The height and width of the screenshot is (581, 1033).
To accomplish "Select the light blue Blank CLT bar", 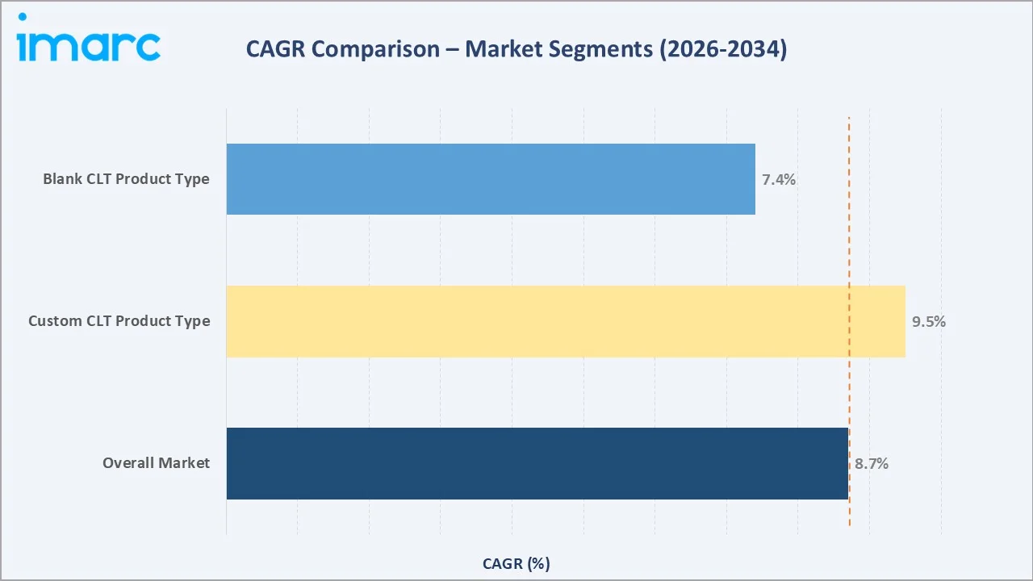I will point(491,179).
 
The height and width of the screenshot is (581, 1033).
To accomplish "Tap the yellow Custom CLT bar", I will point(565,321).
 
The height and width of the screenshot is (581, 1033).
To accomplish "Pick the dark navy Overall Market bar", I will point(537,463).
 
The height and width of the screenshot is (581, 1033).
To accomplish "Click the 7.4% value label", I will point(779,180).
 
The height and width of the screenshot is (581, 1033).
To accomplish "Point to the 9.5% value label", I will point(929,322).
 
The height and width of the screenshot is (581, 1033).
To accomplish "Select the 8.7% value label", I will point(872,464).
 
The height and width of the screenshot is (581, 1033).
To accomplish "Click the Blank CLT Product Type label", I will point(126,179).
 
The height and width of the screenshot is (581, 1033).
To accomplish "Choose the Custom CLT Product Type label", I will point(119,321).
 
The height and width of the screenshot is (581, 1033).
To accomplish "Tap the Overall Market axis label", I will point(156,463).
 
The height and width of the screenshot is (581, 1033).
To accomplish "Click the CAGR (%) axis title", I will point(516,563).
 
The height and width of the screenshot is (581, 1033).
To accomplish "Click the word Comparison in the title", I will point(378,50).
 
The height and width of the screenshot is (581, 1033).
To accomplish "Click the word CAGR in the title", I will point(276,50).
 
